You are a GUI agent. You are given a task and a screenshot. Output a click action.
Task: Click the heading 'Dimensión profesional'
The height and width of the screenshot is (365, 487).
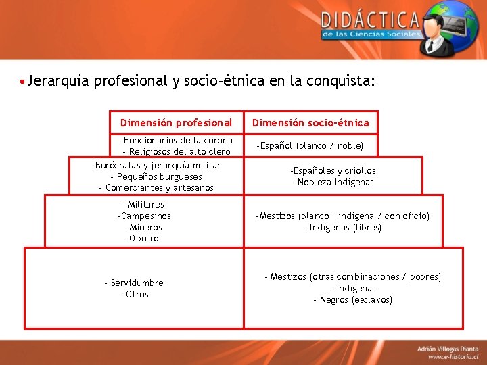point(176,123)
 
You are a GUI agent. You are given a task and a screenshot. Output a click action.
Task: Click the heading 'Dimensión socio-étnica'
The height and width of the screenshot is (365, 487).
point(310,123)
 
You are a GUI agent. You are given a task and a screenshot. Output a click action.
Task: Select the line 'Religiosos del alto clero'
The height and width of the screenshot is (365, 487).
point(177,151)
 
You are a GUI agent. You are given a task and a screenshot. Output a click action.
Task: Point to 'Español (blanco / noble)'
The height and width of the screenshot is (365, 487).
point(310,145)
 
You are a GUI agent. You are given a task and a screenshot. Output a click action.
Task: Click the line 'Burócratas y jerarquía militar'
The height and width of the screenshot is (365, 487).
point(156,166)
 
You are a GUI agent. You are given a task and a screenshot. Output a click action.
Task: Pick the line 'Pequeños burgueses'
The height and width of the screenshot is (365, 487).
point(156,176)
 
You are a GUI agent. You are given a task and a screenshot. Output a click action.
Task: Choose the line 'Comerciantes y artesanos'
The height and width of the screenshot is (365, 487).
point(156,188)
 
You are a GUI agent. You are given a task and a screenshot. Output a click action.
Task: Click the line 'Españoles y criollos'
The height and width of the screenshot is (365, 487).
point(333,171)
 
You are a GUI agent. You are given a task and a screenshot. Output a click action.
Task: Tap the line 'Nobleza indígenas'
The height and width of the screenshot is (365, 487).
point(333,182)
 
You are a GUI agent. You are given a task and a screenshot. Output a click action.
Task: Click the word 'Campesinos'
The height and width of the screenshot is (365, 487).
point(144,216)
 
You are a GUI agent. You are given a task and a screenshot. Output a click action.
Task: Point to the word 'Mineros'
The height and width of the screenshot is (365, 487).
point(144,227)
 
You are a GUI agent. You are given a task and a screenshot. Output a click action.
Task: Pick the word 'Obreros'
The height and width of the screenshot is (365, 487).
point(144,239)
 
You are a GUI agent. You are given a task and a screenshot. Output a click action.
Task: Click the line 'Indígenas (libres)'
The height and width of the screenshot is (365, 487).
point(342,228)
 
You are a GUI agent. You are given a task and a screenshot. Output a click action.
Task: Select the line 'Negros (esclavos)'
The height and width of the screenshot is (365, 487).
point(352,300)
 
